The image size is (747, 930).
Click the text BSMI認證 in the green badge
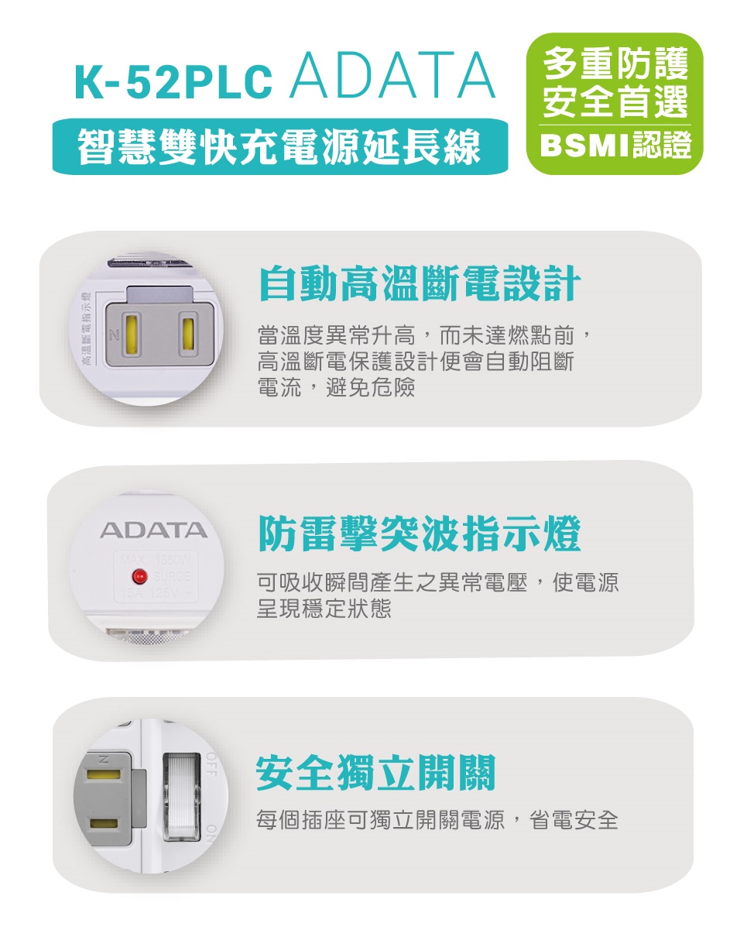(x=615, y=146)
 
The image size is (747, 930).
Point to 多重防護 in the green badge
(x=615, y=61)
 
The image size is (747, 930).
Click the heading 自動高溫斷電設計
(x=419, y=283)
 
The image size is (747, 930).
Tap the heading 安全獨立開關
(x=375, y=772)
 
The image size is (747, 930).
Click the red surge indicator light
(x=140, y=575)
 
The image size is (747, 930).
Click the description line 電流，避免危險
(x=336, y=386)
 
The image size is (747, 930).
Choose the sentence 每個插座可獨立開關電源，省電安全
(x=437, y=820)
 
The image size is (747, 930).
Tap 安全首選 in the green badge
(x=615, y=101)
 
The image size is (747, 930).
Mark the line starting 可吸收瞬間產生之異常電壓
(x=437, y=583)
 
